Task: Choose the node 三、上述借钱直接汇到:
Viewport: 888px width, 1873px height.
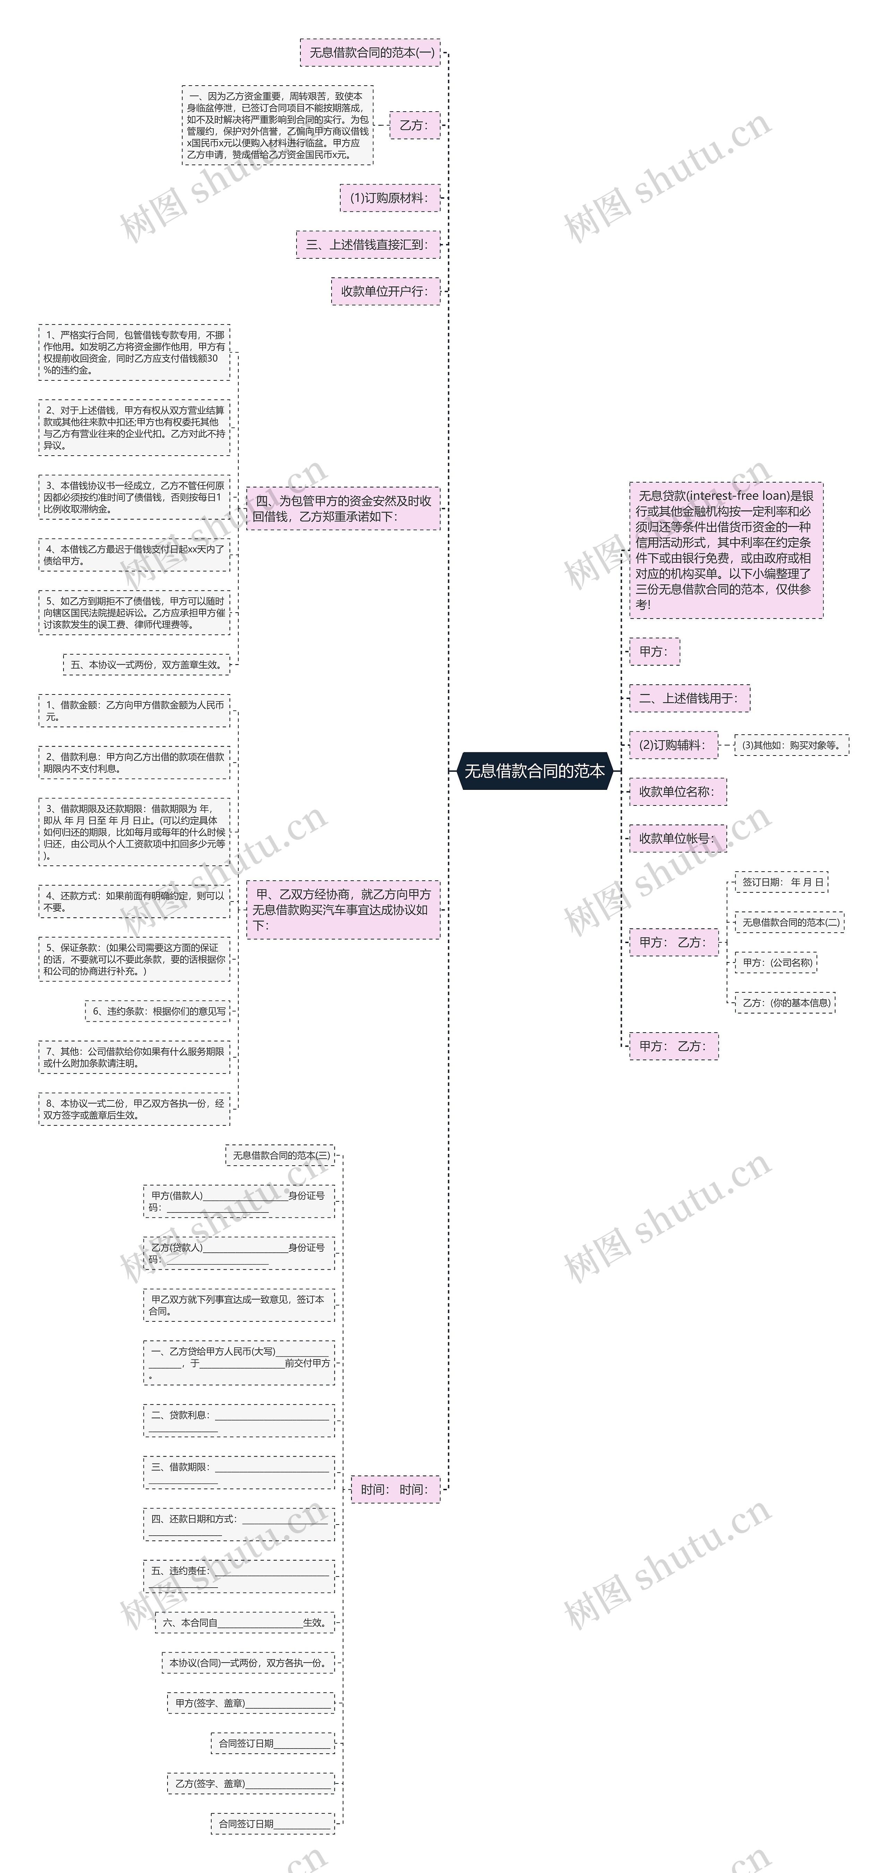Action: (x=368, y=244)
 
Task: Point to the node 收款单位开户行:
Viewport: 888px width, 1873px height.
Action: (x=385, y=291)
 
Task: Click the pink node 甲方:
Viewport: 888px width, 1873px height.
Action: (x=654, y=651)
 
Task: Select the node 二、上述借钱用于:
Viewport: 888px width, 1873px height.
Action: (x=689, y=698)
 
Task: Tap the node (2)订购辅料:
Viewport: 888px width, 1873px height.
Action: (x=673, y=744)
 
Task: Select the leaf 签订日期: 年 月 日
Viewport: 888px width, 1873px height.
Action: (x=782, y=882)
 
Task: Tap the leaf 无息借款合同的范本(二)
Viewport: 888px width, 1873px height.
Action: (x=790, y=922)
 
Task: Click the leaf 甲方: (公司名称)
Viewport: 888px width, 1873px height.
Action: (x=776, y=963)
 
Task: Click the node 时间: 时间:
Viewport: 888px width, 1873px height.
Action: (x=395, y=1489)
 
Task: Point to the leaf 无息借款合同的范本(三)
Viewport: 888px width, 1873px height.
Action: (x=281, y=1155)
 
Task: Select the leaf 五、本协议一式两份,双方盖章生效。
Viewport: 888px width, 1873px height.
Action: (x=146, y=665)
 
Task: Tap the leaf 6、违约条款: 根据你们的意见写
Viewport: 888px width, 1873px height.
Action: (x=158, y=1011)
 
